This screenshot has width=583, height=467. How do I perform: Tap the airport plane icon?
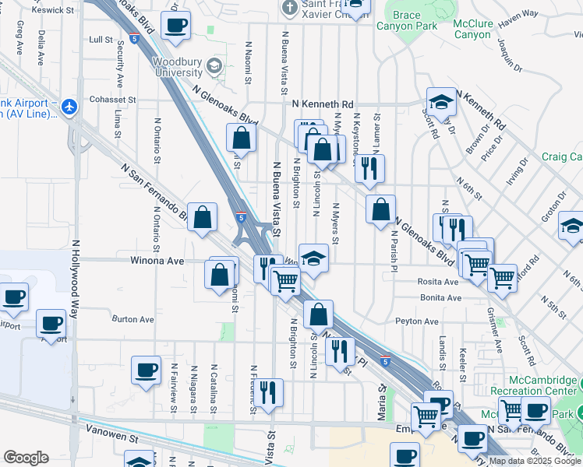point(71,106)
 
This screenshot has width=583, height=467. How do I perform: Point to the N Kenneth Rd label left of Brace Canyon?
point(323,104)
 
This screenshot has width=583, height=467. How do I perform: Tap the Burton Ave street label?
point(133,319)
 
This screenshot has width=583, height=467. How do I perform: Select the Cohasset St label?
point(111,100)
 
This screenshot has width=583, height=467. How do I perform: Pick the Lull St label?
point(101,39)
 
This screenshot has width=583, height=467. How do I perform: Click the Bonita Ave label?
point(440,298)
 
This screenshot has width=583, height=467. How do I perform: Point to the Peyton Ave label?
point(417,321)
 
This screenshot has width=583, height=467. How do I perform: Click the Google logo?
point(26,458)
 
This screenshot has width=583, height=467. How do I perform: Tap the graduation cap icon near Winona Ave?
point(313,258)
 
